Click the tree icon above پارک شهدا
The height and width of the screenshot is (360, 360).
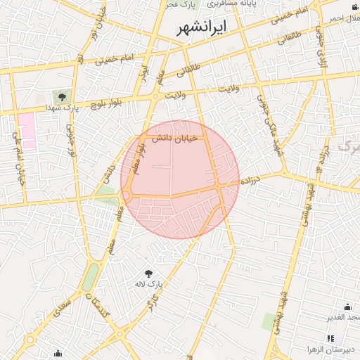click(x=62, y=96)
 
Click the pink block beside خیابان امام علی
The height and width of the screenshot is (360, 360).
click(x=27, y=125)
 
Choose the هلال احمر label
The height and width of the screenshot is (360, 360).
click(x=345, y=18)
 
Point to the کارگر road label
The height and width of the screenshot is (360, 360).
click(x=151, y=303)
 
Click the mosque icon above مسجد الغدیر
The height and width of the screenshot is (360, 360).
click(x=347, y=307)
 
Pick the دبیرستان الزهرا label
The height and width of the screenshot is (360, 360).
click(x=332, y=349)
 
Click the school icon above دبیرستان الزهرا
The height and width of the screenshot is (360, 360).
click(x=331, y=338)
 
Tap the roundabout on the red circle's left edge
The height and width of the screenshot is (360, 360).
click(x=127, y=195)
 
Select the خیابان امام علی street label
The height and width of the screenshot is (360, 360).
click(x=19, y=159)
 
